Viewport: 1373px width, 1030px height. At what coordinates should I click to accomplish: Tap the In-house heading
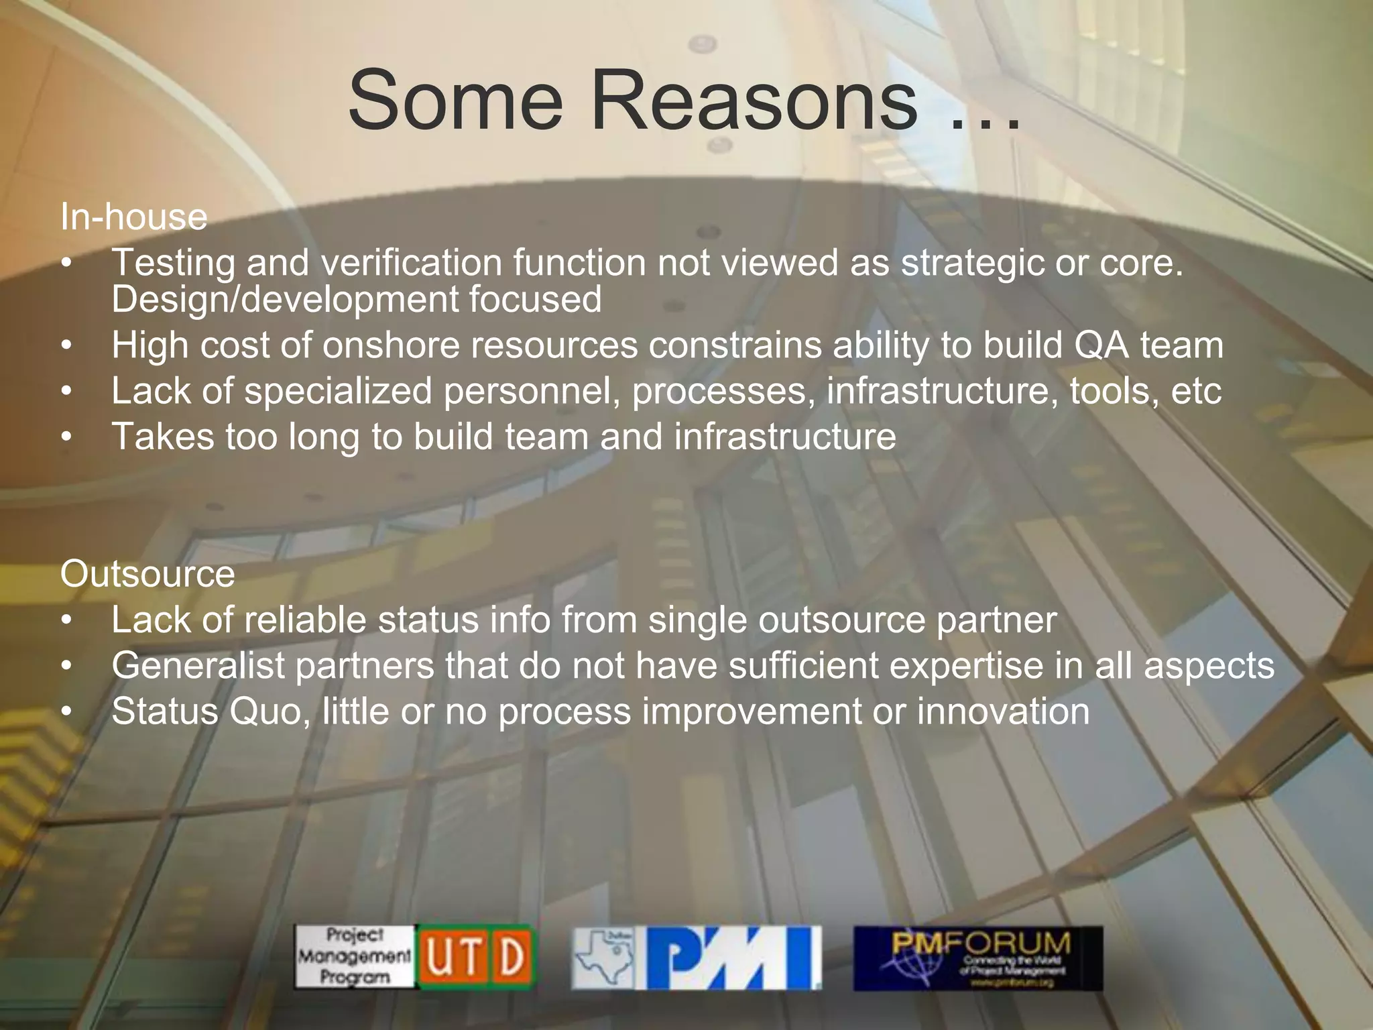[133, 217]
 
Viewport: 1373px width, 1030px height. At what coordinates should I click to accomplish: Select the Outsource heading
[147, 574]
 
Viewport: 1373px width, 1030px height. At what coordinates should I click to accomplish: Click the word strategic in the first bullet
[972, 263]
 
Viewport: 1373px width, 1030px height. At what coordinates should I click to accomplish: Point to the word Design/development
[284, 299]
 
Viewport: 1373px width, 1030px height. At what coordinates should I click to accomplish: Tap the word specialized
[338, 391]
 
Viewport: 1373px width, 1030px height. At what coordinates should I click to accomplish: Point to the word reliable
[305, 620]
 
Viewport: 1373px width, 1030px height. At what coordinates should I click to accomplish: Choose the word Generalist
[198, 665]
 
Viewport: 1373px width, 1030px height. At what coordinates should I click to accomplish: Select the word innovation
[1003, 711]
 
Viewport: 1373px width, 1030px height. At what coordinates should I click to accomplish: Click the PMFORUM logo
[977, 957]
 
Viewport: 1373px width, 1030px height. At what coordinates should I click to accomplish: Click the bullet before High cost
[66, 346]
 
